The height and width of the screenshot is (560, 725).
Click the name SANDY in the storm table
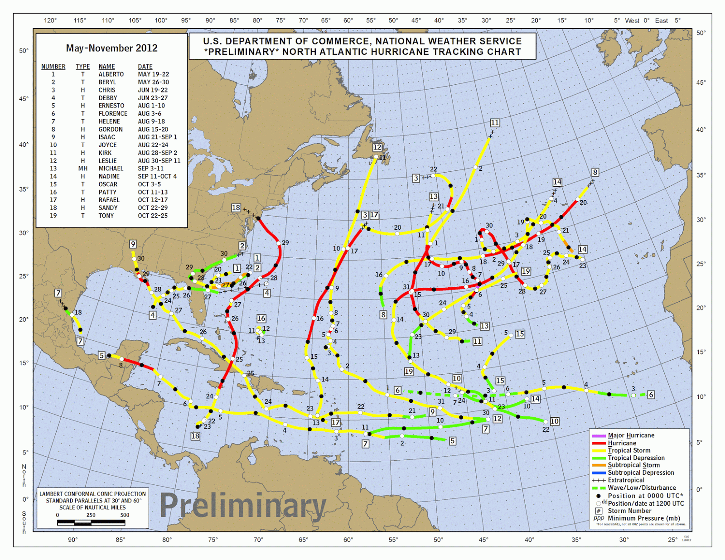tap(108, 208)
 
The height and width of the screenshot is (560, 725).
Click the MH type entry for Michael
tap(82, 169)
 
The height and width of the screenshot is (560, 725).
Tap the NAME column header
tap(106, 67)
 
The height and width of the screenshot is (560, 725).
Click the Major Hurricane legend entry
tap(631, 435)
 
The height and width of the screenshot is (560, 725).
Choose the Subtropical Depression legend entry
tap(640, 473)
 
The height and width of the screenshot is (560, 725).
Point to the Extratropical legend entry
tap(626, 480)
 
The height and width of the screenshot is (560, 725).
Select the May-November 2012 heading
tap(111, 48)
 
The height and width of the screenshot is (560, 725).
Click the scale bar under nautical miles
tap(91, 522)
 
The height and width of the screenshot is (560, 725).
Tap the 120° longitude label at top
tap(50, 20)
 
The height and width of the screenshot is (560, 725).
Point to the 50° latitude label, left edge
tap(24, 51)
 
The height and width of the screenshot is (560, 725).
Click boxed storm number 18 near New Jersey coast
tap(236, 208)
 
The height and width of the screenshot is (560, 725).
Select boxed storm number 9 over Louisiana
tap(133, 244)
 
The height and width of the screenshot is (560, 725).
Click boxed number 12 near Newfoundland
tap(377, 147)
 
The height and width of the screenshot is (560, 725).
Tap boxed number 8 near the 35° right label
tap(595, 172)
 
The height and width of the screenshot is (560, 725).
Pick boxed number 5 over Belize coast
tap(102, 356)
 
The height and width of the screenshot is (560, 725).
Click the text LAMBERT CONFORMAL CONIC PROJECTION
tap(92, 494)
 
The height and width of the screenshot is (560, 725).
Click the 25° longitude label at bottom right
tap(672, 540)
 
